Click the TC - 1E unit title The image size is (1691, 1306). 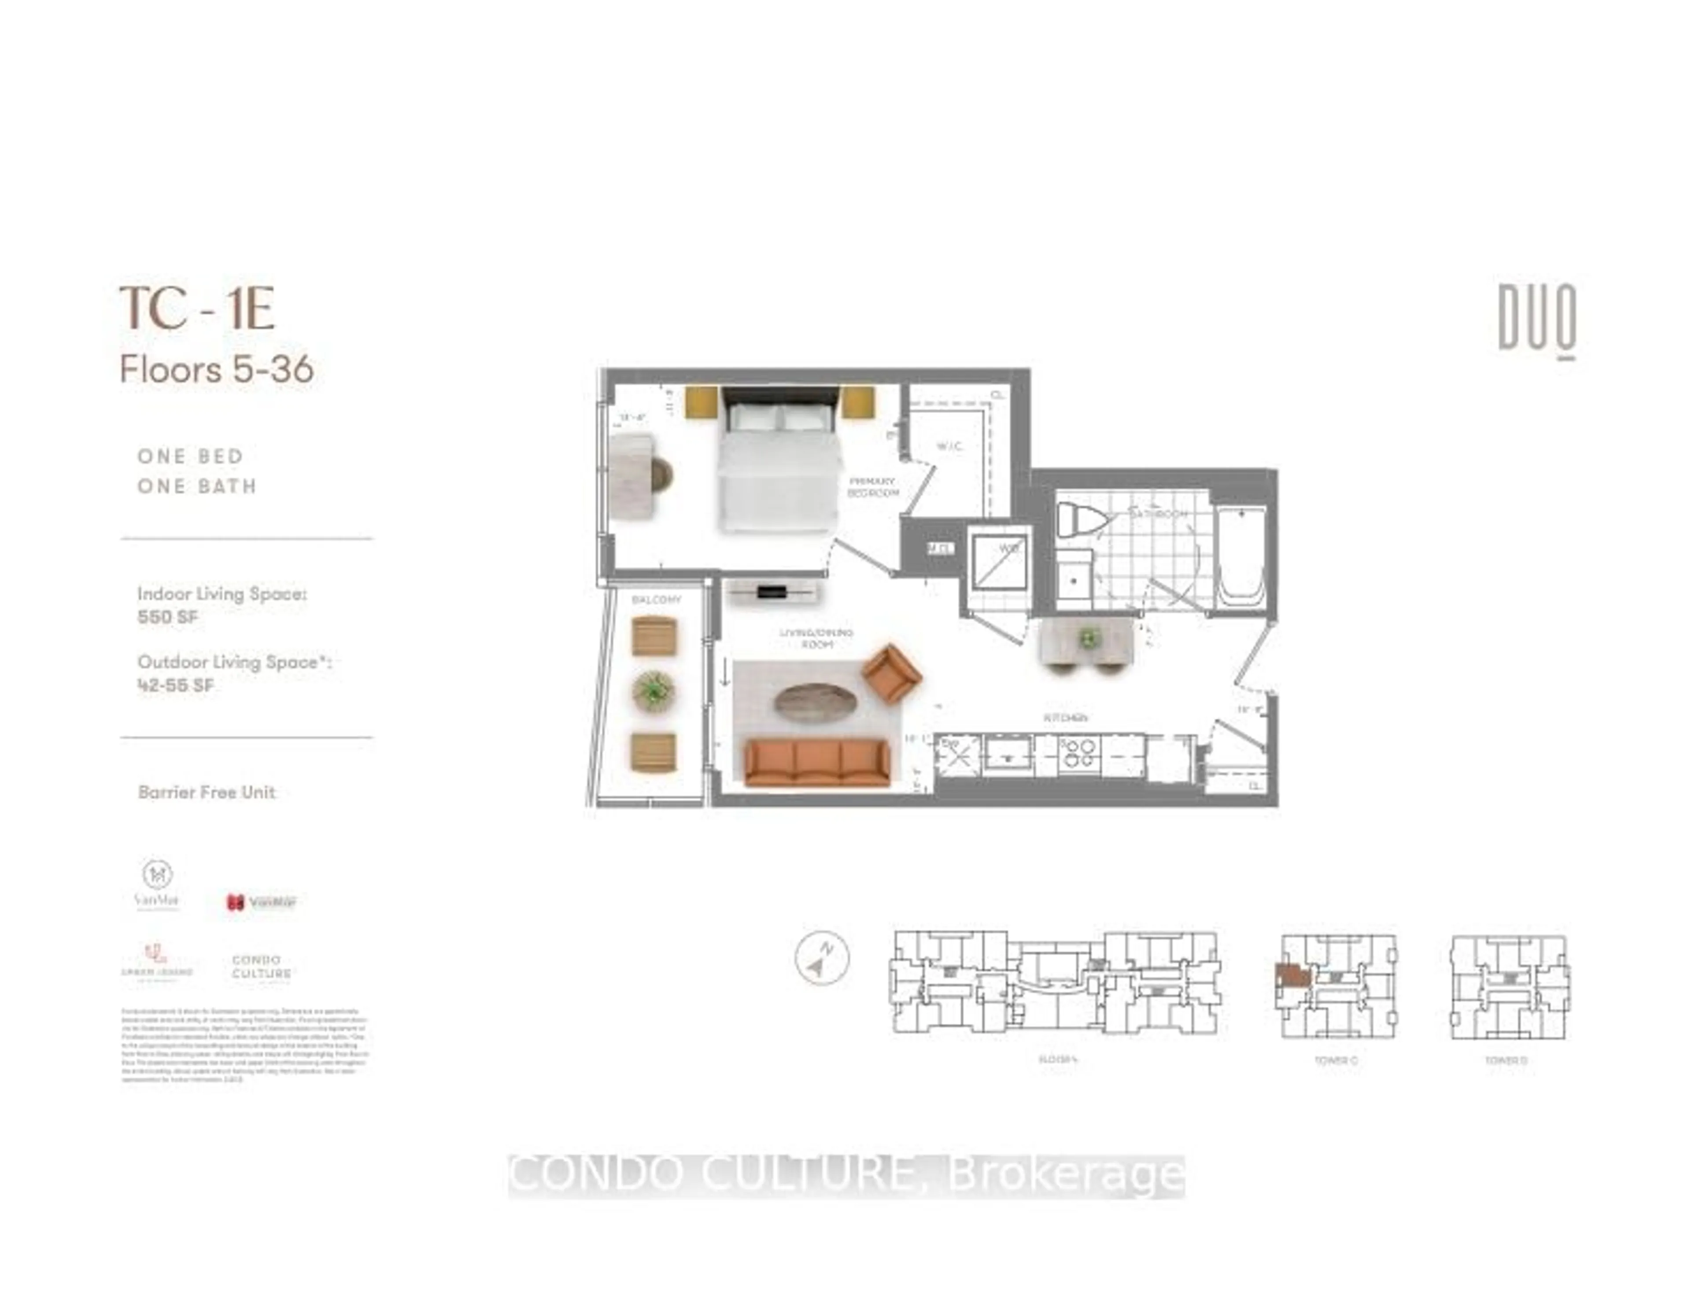coord(197,308)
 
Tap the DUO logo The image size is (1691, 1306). coord(1537,319)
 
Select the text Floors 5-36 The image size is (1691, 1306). coord(217,369)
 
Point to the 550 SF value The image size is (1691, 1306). coord(167,617)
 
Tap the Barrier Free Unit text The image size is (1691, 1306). coord(207,792)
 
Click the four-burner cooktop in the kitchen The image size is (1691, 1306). coord(1079,752)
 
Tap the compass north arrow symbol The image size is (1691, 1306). coord(821,958)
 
